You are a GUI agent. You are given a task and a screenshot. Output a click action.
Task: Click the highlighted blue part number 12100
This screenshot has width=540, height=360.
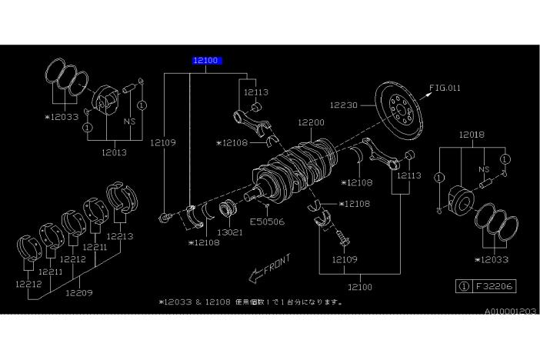[207, 59]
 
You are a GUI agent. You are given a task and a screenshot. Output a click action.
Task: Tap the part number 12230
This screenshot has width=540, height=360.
[343, 104]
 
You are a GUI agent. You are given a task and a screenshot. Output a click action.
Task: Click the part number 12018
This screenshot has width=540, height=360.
[472, 135]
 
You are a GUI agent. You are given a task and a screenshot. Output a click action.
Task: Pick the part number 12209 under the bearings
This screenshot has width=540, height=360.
[78, 292]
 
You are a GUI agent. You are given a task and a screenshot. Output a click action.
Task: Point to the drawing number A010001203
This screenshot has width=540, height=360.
[510, 312]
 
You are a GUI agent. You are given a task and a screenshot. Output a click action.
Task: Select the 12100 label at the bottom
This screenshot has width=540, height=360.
[360, 286]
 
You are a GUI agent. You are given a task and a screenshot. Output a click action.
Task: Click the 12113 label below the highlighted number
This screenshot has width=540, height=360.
[256, 92]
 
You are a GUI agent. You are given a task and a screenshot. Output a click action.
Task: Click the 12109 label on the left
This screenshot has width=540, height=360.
[163, 142]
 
